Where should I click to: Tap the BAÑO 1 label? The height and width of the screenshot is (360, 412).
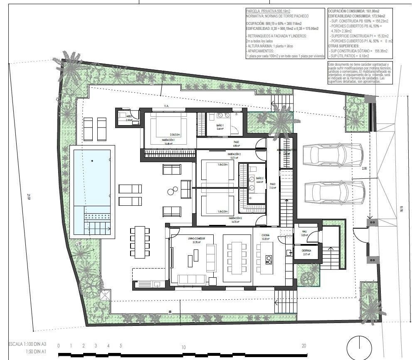[x=220, y=125]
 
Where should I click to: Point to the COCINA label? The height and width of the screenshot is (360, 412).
[x=266, y=235]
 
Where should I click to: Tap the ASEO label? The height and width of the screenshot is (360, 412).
[x=129, y=117]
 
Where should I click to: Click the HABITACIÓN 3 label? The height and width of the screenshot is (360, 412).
[x=235, y=218]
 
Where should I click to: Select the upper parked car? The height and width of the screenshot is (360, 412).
[x=333, y=155]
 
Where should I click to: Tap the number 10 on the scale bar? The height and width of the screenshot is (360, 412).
[x=183, y=347]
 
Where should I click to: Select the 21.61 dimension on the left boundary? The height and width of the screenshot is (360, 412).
[x=29, y=197]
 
